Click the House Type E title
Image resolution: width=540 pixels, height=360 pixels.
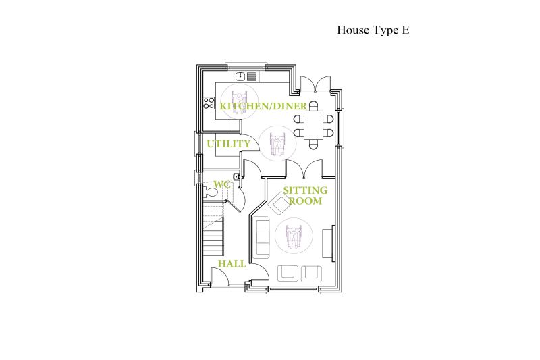(x=373, y=30)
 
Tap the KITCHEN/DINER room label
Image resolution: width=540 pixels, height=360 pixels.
(x=263, y=106)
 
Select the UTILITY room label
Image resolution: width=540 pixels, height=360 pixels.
(x=228, y=144)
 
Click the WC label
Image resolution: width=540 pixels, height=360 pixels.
(x=221, y=184)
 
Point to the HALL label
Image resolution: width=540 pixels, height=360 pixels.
(x=232, y=264)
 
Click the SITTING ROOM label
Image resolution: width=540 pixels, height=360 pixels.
(x=305, y=195)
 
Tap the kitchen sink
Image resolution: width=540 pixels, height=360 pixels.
(x=240, y=76)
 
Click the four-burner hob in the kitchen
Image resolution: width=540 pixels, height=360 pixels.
(x=209, y=103)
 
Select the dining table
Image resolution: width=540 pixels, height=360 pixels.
(x=313, y=125)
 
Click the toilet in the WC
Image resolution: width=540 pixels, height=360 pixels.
(x=211, y=192)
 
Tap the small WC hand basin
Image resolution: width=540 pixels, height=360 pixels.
(x=236, y=177)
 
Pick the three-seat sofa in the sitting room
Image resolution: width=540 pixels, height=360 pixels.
(x=261, y=237)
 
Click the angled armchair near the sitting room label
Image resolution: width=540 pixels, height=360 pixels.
(x=279, y=203)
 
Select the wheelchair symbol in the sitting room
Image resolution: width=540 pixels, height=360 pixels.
(x=294, y=236)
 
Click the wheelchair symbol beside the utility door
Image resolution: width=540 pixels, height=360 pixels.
(x=277, y=144)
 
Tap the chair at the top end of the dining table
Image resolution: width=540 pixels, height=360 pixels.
(x=313, y=105)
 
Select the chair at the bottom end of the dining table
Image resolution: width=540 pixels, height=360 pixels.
(x=313, y=145)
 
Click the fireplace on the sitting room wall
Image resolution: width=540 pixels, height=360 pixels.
(x=328, y=243)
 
